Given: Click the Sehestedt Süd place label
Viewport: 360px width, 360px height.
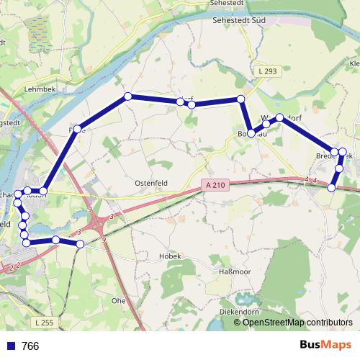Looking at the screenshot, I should (x=240, y=20).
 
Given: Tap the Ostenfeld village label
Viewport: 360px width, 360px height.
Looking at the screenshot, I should (x=150, y=183).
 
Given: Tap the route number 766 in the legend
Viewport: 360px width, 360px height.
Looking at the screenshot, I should (x=30, y=346).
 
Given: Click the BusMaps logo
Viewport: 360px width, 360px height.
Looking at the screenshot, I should (x=325, y=346).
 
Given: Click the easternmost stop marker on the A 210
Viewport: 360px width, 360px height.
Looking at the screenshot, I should (x=331, y=187).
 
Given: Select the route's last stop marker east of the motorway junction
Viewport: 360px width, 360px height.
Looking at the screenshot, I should (x=80, y=244).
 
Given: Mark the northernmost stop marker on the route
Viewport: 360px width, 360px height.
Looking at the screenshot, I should (x=127, y=96).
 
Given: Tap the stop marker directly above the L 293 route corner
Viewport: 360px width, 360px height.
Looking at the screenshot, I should (x=240, y=99).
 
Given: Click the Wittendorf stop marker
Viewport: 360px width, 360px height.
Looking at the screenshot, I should (x=279, y=117).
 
